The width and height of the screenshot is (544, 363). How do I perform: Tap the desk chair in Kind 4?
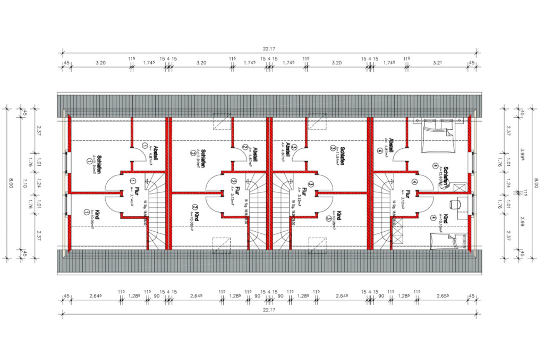453,204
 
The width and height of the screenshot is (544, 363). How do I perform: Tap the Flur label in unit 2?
236,191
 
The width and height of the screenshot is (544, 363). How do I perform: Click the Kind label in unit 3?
337,216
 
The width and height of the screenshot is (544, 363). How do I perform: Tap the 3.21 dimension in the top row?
438,63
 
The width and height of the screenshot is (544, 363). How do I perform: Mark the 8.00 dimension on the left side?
11,182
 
